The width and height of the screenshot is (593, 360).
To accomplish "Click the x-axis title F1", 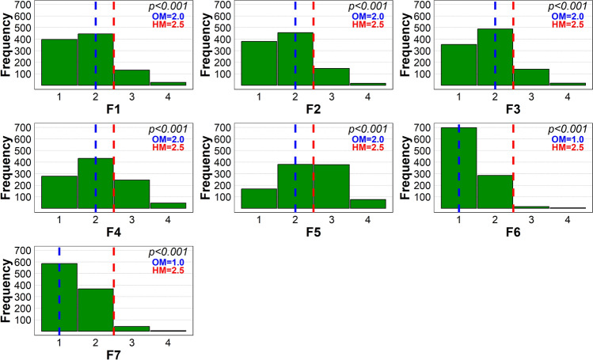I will [113, 110].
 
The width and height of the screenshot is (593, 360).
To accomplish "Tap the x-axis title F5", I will [314, 233].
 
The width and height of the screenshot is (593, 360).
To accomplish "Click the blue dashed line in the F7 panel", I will [59, 261].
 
